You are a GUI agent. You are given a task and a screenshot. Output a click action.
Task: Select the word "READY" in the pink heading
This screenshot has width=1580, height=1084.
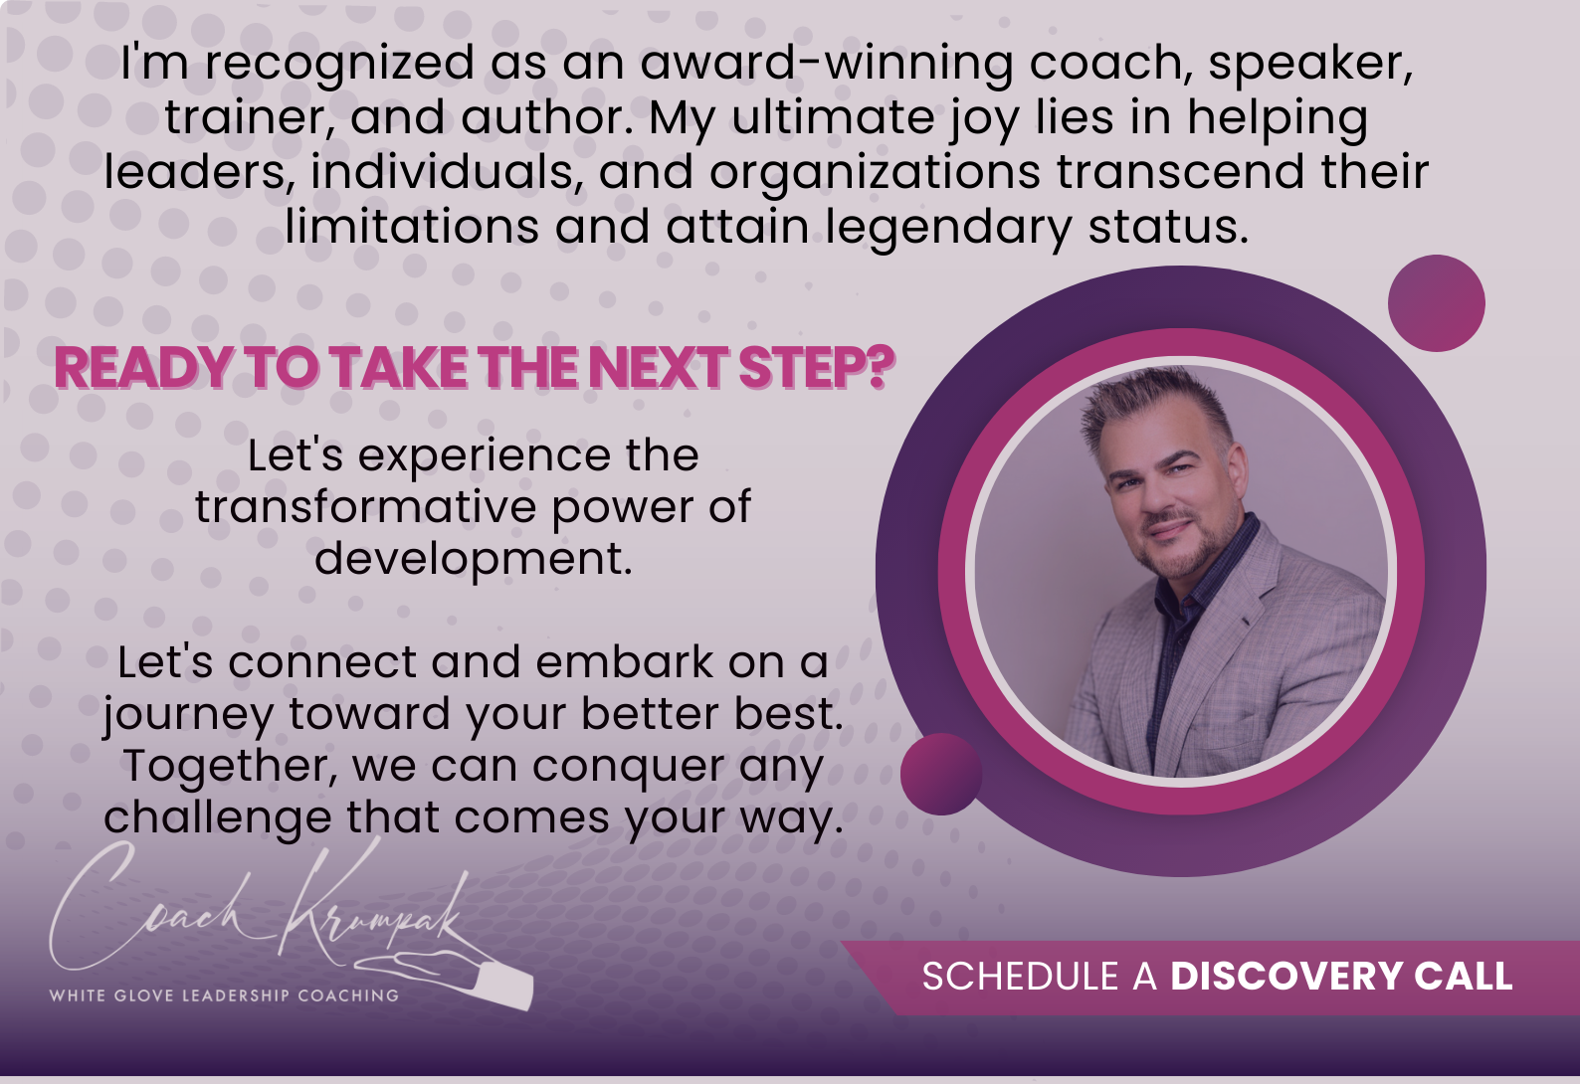coord(143,367)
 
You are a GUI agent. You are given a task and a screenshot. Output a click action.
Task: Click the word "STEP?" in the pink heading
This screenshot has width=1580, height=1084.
coord(817,367)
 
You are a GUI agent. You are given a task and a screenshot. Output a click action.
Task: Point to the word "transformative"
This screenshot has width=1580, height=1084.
coord(365,507)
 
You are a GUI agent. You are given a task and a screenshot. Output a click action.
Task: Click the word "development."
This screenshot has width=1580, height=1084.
coord(474,560)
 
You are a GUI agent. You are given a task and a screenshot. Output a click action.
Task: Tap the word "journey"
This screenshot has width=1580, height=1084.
coord(188,715)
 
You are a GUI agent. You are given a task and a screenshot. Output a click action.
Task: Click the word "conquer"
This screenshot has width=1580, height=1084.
coord(629,768)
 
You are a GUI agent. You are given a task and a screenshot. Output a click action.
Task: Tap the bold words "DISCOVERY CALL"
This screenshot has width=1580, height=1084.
coord(1341,977)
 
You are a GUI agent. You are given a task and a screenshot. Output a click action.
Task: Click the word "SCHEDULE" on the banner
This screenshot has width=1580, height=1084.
coord(1021,977)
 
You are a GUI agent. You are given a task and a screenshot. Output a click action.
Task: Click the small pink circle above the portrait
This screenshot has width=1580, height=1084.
coord(1436,303)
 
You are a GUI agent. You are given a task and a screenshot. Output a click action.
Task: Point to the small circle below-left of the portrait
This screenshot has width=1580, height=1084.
coord(941,774)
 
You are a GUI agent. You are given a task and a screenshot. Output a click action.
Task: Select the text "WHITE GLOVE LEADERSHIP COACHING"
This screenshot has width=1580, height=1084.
coord(224,995)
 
